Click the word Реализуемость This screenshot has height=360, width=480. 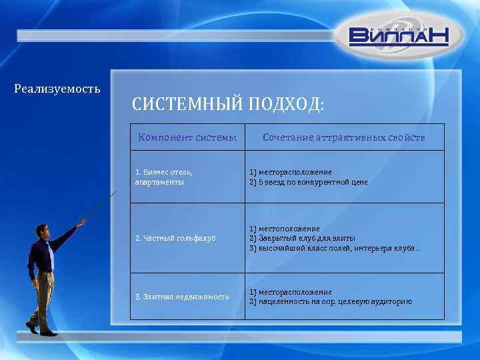57,88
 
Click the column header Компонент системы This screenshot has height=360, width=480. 187,137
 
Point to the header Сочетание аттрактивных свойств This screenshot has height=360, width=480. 343,137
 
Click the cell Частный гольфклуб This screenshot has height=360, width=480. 175,238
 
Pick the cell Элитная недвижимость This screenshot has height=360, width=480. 182,297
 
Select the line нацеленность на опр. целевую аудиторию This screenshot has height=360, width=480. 331,302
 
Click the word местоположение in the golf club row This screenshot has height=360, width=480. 287,229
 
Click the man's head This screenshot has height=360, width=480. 43,231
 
